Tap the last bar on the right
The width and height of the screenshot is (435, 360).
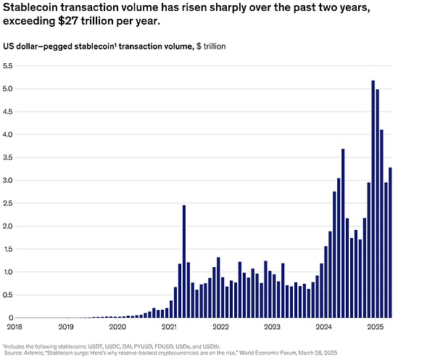pos(390,242)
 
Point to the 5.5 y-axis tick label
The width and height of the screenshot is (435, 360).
pos(8,66)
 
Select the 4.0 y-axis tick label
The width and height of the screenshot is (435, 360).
pos(8,134)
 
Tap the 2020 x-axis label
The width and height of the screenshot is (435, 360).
pos(116,327)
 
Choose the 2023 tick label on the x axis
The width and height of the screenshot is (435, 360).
pos(272,327)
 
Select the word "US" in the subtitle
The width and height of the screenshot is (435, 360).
pos(10,46)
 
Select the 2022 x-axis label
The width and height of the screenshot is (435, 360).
pos(220,327)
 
